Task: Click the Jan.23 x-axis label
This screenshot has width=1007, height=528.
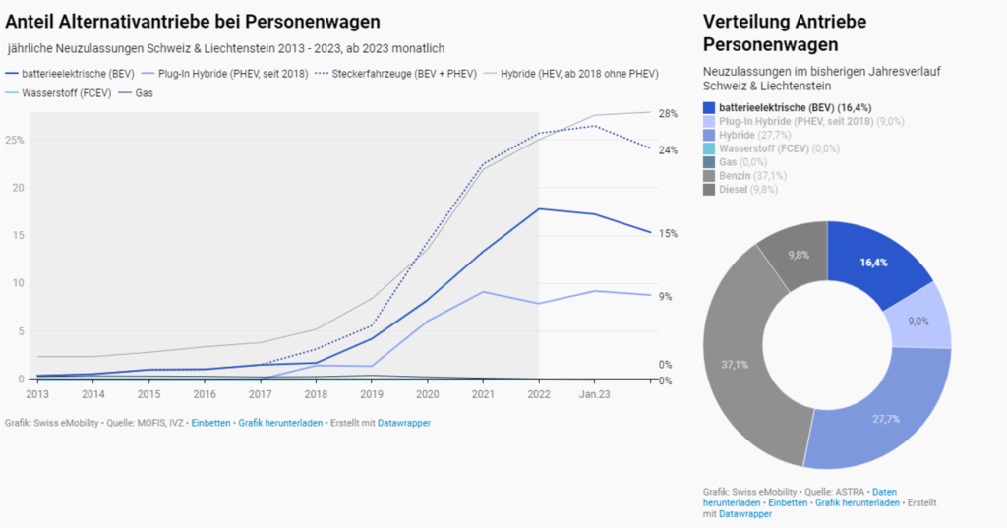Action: pos(594,394)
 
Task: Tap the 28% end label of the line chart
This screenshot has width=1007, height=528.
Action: pos(668,114)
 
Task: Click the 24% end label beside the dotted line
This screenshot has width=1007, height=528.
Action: pos(668,150)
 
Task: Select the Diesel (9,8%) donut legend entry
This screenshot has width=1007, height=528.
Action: pos(741,190)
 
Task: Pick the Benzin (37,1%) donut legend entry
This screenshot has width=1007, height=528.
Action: pos(744,176)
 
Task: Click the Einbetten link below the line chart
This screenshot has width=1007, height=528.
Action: pos(210,423)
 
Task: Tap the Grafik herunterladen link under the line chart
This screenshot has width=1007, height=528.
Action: pos(280,423)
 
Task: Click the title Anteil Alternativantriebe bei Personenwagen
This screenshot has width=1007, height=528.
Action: pos(193,21)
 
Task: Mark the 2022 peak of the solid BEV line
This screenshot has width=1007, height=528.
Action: pos(539,208)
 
